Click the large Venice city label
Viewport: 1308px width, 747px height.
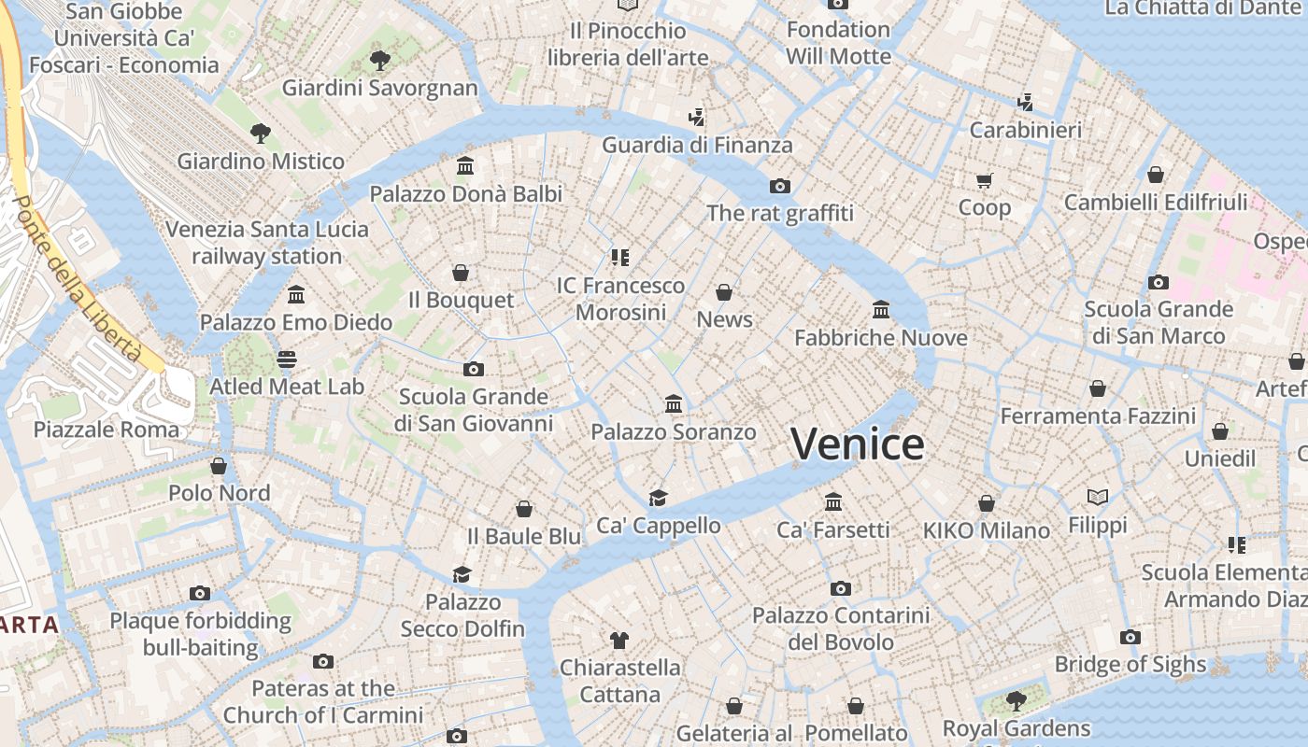(x=858, y=444)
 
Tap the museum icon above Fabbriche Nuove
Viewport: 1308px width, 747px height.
(x=881, y=309)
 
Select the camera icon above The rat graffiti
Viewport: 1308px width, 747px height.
(x=780, y=186)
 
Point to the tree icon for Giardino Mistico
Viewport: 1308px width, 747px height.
(x=261, y=134)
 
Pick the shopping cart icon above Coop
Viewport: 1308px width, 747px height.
(x=985, y=180)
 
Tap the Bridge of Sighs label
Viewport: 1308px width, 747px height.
(x=1130, y=664)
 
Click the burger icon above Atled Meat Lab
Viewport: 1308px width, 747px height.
(x=287, y=359)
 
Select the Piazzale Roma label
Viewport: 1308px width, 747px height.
(x=106, y=430)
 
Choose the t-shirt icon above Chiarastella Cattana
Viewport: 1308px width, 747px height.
(x=619, y=640)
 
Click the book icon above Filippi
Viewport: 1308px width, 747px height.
(x=1098, y=497)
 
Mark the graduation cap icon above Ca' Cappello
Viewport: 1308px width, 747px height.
(x=659, y=498)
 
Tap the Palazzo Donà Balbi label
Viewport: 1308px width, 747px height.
(x=466, y=193)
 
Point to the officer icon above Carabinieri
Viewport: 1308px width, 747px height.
(x=1025, y=102)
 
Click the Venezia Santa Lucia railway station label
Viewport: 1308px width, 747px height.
(x=267, y=242)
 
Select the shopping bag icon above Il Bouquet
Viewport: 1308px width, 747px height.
(x=461, y=273)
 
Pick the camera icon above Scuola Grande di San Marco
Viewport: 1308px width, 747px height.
(x=1159, y=282)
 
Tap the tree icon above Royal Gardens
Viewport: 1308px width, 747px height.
(x=1016, y=700)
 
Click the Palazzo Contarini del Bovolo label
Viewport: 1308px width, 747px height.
(x=841, y=628)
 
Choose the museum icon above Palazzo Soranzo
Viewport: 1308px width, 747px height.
(x=674, y=404)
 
